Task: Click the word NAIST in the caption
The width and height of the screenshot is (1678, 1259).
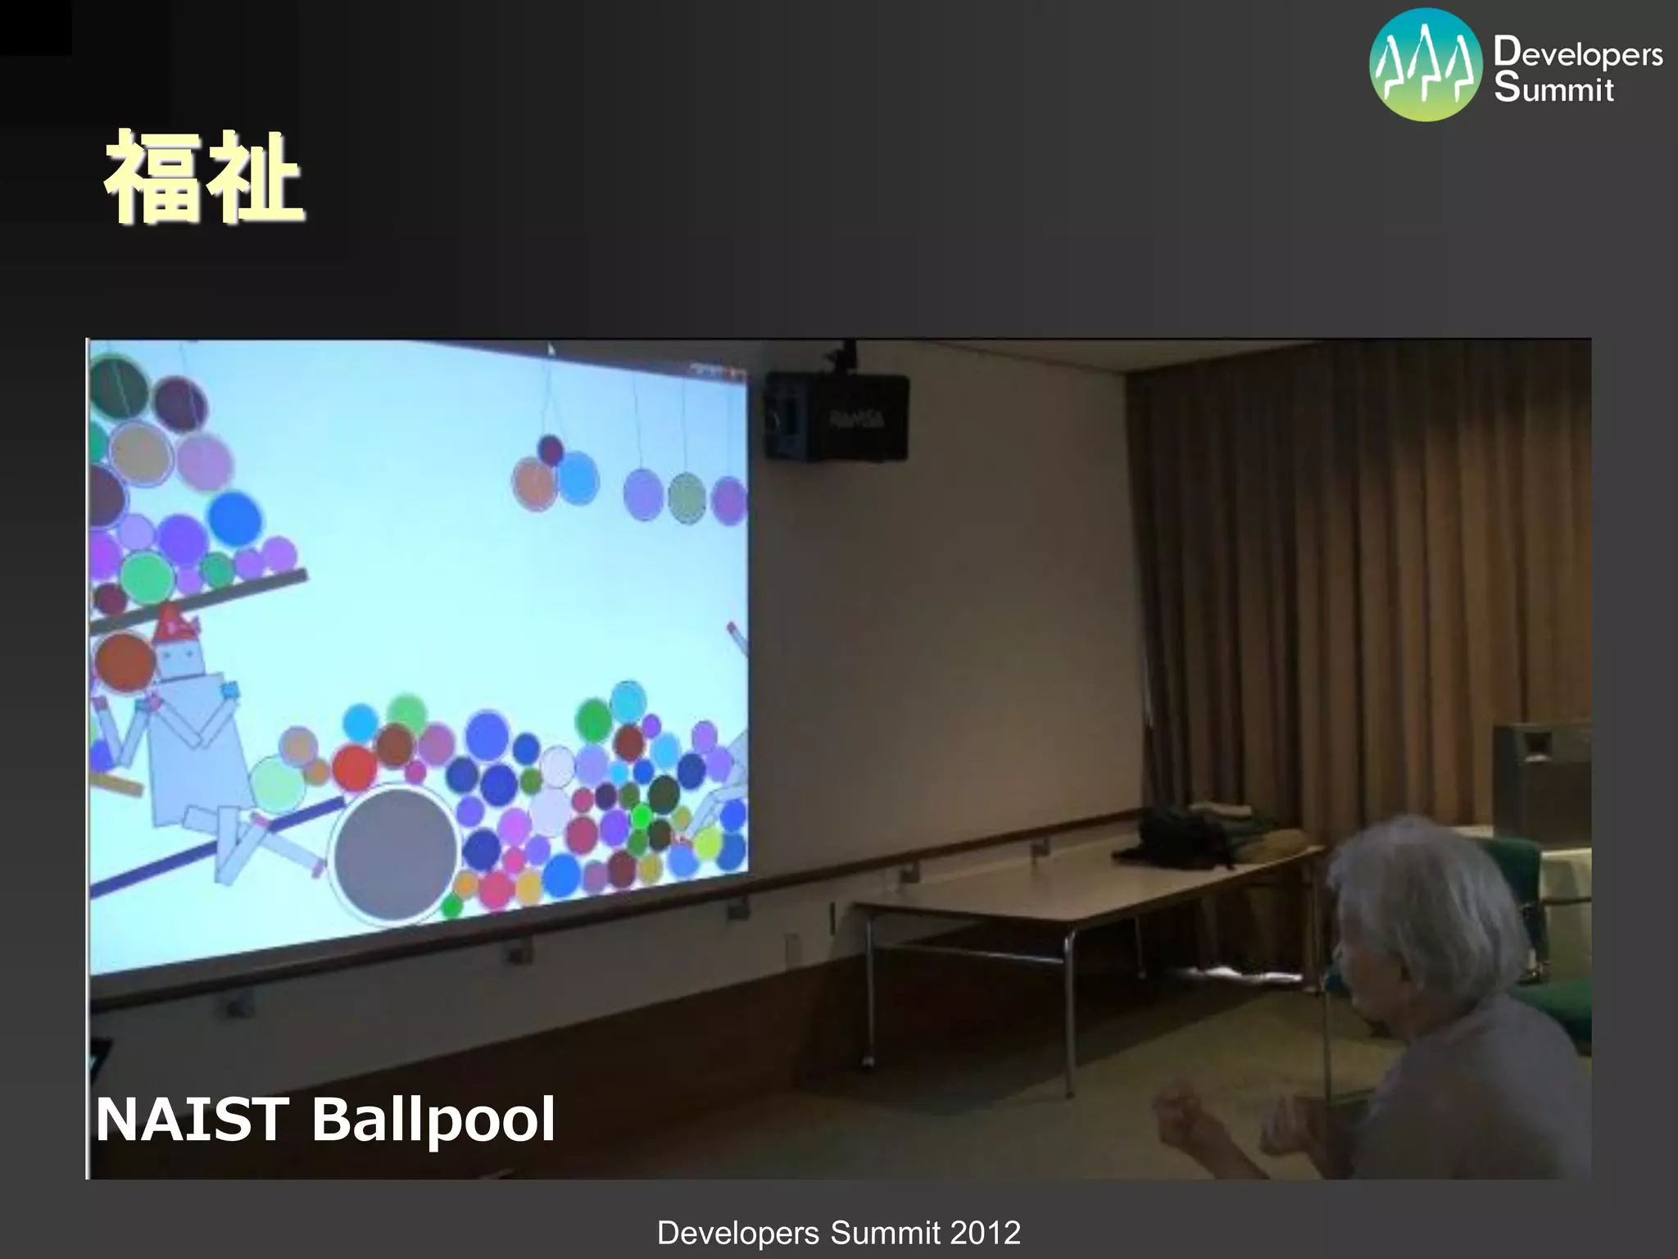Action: click(191, 1120)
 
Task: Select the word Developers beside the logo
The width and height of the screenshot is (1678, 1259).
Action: click(1577, 53)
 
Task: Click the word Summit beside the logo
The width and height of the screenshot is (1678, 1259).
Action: click(1553, 89)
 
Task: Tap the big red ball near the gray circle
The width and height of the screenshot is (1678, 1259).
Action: click(355, 767)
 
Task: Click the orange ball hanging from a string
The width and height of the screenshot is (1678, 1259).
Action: click(534, 484)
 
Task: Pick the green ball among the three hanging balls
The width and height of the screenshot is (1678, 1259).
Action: click(687, 497)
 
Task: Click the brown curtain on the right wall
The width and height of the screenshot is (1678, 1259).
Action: click(1344, 574)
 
